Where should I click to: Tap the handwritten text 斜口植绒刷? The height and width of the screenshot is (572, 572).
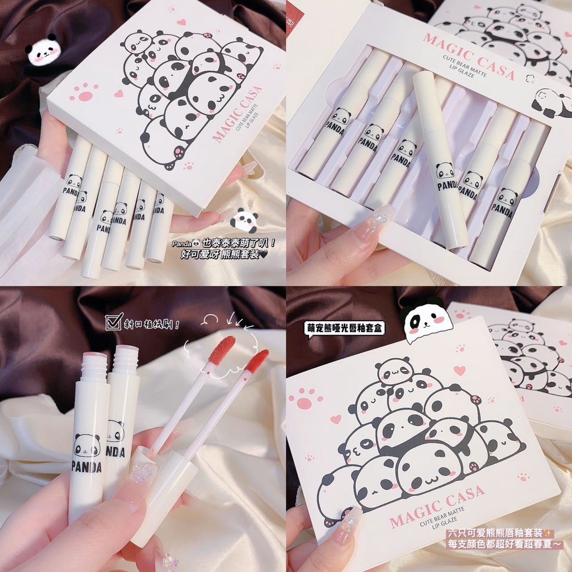(x=151, y=322)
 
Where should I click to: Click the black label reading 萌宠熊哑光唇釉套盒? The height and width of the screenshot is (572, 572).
(x=345, y=329)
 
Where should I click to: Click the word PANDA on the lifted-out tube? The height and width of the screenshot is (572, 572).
(x=447, y=185)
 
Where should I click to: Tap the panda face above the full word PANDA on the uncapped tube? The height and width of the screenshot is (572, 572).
(x=87, y=445)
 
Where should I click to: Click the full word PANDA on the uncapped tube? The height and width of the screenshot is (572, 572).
(x=87, y=467)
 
